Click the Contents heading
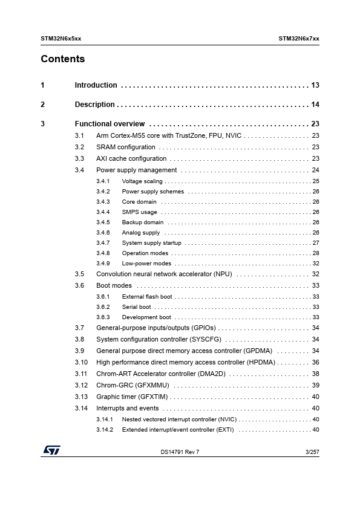63,59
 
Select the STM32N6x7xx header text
299,38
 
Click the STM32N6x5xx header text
61,38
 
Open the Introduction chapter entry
96,85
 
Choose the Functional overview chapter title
110,124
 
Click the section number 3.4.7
103,243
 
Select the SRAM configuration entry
126,147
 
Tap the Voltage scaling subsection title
142,181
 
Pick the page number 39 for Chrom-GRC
315,385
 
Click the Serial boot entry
136,307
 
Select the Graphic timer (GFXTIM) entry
132,397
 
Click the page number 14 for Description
315,105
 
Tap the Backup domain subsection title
142,222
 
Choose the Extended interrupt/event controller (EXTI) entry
177,430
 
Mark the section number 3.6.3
103,317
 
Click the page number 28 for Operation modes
316,253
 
